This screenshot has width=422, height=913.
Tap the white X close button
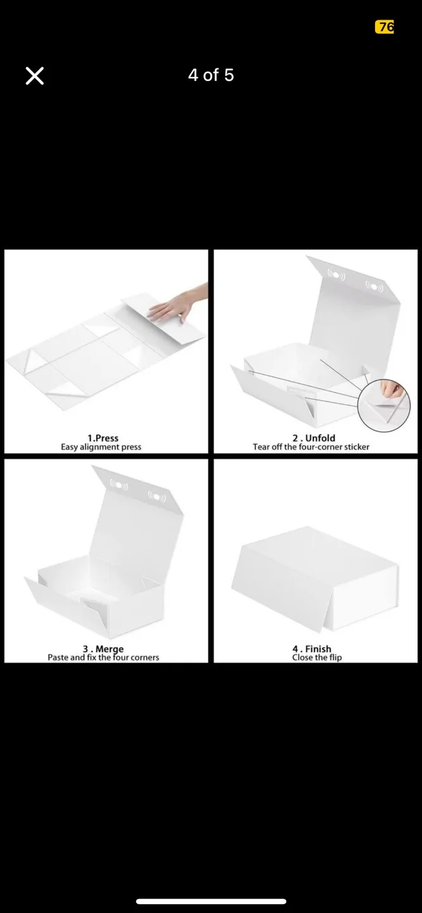pos(35,76)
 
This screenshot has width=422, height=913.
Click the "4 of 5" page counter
pos(211,75)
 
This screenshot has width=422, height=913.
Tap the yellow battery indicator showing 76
pos(385,27)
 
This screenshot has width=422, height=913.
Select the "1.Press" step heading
pos(103,438)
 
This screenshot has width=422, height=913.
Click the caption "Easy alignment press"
pos(101,447)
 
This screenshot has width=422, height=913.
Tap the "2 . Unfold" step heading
pos(314,438)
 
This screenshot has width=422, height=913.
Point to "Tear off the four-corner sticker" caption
pos(311,447)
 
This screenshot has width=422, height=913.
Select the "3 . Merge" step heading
pos(103,649)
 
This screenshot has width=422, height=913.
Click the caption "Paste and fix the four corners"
pos(103,657)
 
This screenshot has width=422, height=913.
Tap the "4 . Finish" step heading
pos(312,649)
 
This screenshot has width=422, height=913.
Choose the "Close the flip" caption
pos(317,657)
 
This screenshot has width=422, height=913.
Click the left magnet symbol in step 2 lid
pos(336,275)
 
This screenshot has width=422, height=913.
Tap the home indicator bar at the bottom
pos(211,901)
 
